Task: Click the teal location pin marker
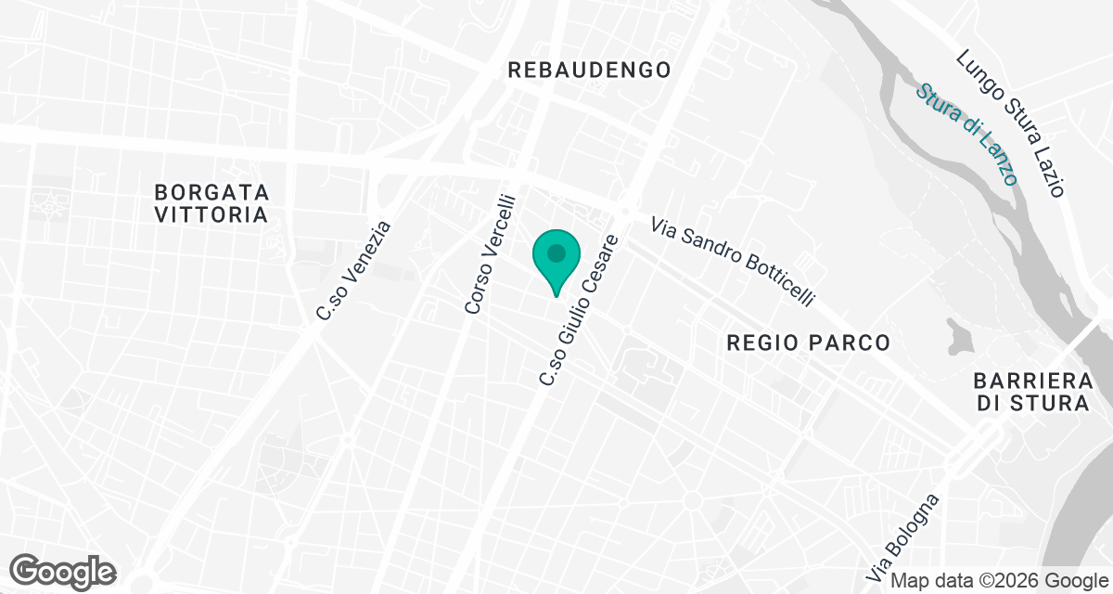[x=556, y=260]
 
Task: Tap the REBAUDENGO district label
[x=589, y=70]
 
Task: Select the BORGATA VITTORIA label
[x=211, y=203]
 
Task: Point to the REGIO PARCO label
[x=809, y=342]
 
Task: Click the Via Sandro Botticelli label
[x=733, y=261]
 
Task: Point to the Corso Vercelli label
[x=490, y=252]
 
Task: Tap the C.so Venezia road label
[x=355, y=271]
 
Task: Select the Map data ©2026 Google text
[x=998, y=581]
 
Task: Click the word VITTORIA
[x=211, y=215]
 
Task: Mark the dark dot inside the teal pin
[x=556, y=252]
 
